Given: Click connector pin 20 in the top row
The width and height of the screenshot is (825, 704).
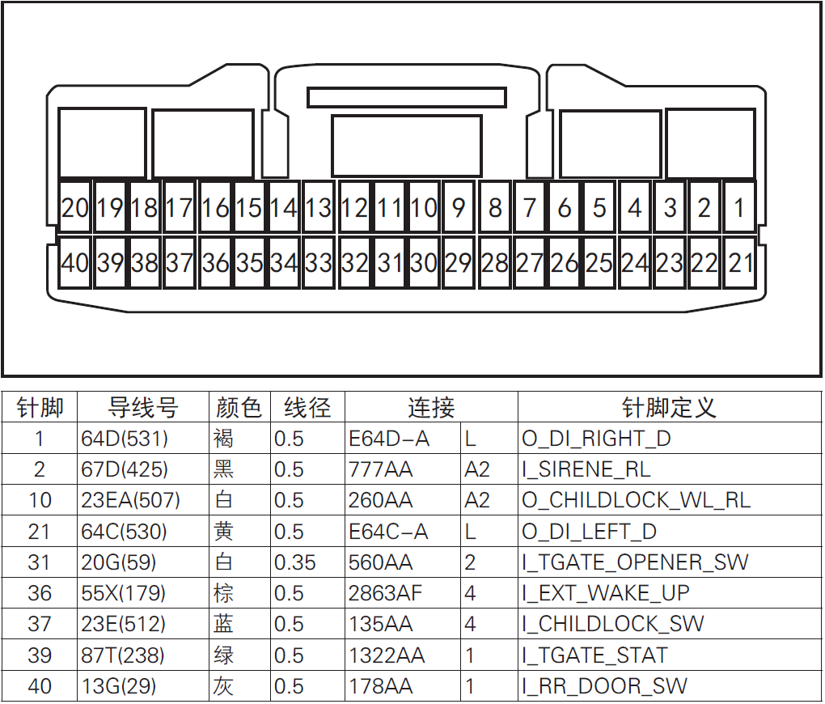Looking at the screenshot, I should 75,208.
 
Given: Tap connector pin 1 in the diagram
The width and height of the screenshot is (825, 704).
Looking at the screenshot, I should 739,208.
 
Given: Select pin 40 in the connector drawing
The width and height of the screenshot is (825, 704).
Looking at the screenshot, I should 75,263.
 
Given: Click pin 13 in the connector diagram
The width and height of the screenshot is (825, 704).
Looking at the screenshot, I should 319,208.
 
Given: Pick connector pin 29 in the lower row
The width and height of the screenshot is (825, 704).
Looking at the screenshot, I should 459,263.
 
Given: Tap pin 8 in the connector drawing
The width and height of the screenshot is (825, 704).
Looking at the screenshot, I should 495,208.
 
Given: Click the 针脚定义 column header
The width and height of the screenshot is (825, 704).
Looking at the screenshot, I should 669,407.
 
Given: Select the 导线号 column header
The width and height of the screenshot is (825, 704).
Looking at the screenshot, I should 143,407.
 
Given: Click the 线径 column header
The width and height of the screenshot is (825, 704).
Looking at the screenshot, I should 307,407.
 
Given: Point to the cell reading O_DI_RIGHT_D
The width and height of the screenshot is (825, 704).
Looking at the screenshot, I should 596,439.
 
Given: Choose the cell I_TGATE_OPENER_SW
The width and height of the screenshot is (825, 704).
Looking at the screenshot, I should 635,562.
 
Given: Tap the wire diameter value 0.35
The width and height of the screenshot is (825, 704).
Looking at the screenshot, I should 295,562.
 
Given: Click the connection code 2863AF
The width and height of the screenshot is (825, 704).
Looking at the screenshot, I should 385,593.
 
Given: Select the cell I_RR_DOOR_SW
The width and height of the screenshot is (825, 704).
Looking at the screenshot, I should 604,686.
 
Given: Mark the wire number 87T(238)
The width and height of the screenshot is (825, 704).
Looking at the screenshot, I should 123,655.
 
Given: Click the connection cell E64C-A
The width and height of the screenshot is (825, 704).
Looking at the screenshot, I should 388,532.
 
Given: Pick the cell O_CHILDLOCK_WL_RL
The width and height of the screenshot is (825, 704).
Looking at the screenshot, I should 636,500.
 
